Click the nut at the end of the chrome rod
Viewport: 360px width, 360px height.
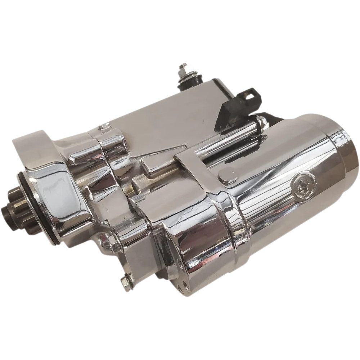(x=262, y=123)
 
